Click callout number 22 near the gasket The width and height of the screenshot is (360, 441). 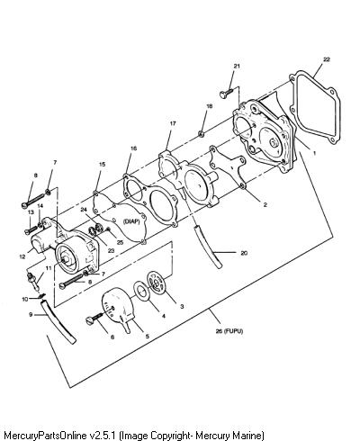(327, 59)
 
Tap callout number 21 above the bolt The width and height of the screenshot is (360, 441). (237, 66)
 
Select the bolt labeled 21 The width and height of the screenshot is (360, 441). (226, 93)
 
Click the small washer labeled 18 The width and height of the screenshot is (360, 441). (202, 133)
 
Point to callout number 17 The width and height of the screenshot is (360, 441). (173, 123)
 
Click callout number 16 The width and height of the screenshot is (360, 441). (133, 148)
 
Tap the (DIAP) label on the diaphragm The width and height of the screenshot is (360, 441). (131, 221)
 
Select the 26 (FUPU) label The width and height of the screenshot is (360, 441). (229, 331)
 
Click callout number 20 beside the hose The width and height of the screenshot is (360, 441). (244, 253)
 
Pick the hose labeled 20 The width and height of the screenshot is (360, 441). (208, 247)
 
